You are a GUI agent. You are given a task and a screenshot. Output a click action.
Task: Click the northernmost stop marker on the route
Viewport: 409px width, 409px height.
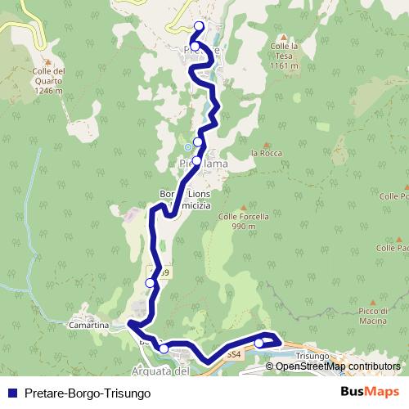click(x=199, y=26)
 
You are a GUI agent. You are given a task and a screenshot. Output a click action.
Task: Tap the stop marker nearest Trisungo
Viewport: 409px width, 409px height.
click(x=259, y=343)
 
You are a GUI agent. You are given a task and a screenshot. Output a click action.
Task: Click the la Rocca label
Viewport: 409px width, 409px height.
click(x=266, y=153)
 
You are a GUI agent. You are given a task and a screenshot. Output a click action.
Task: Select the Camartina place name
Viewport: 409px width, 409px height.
click(x=90, y=326)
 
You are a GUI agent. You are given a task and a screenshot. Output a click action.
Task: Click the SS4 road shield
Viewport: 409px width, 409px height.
click(x=235, y=354)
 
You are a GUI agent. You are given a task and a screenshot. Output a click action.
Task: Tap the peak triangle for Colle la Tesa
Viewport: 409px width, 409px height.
click(x=283, y=38)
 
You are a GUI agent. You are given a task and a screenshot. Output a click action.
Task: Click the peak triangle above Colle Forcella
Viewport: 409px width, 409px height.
click(x=243, y=208)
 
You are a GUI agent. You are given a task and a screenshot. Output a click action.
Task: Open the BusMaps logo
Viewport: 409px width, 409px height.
click(x=369, y=392)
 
